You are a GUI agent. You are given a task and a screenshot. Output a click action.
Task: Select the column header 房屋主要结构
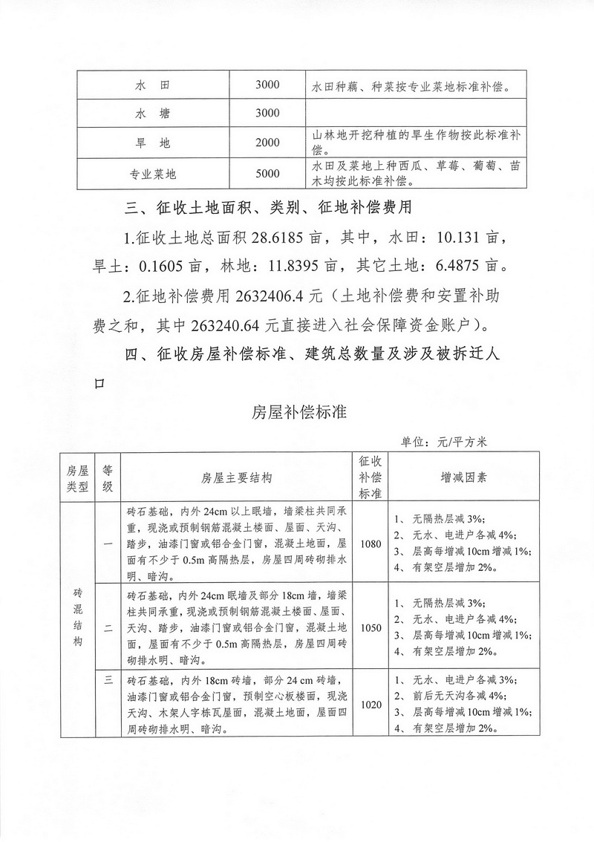[237, 477]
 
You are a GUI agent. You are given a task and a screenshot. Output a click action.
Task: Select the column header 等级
[108, 477]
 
